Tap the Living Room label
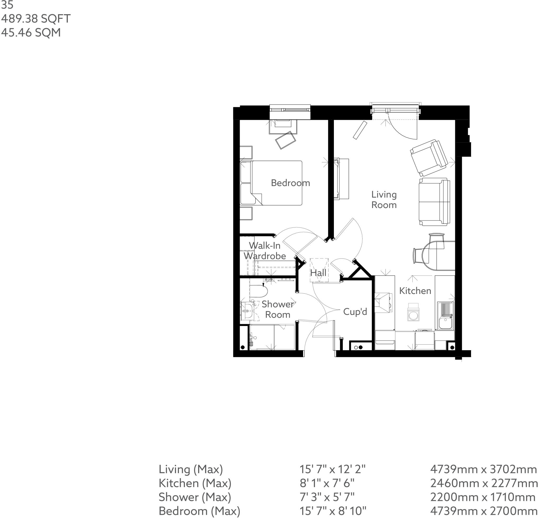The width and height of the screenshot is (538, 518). pyautogui.click(x=384, y=200)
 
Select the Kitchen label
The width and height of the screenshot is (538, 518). pyautogui.click(x=415, y=291)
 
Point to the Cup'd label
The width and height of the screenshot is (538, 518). pyautogui.click(x=355, y=312)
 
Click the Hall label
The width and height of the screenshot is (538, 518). pyautogui.click(x=318, y=273)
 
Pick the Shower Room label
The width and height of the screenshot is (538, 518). pyautogui.click(x=277, y=309)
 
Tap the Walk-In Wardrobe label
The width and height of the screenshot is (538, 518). pyautogui.click(x=264, y=251)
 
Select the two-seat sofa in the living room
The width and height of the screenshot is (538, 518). pyautogui.click(x=434, y=201)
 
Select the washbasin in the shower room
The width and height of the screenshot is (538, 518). pyautogui.click(x=247, y=311)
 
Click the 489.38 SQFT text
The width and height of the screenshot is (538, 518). pyautogui.click(x=36, y=19)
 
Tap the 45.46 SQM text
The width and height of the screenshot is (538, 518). pyautogui.click(x=31, y=32)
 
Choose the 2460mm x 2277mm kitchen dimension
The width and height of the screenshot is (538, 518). pyautogui.click(x=483, y=483)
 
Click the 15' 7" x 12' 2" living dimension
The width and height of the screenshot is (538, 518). pyautogui.click(x=332, y=469)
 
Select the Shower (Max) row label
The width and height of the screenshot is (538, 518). pyautogui.click(x=195, y=497)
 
